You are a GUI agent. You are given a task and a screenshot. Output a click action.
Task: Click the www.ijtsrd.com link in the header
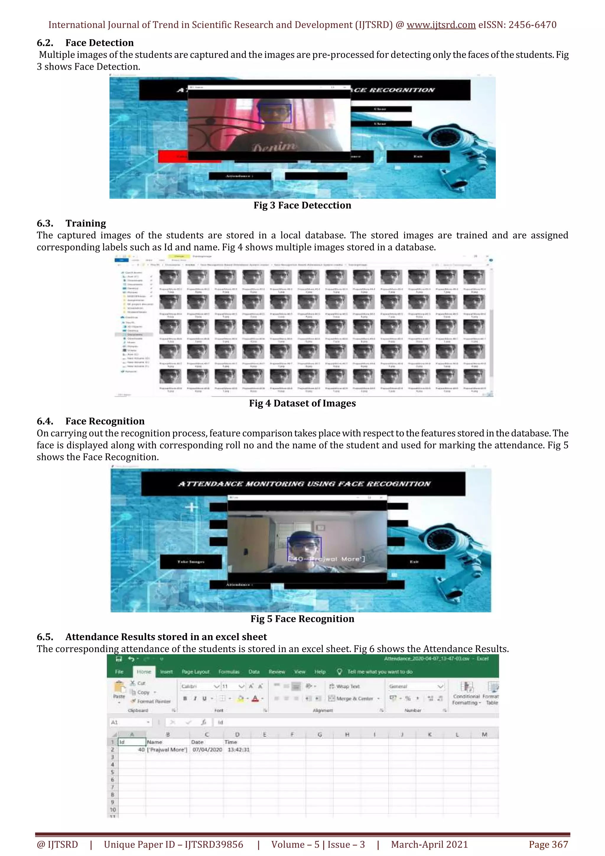click(441, 25)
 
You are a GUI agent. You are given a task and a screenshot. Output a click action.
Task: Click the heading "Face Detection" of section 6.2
click(99, 43)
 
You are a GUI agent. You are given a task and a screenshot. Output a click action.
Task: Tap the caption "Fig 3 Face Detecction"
click(302, 205)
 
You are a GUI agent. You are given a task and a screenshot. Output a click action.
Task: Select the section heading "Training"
click(86, 223)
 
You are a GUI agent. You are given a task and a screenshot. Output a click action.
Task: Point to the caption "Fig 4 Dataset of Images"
click(302, 403)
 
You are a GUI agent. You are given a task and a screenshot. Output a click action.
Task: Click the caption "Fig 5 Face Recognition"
click(302, 619)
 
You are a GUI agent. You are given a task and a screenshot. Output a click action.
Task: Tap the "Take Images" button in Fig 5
click(191, 562)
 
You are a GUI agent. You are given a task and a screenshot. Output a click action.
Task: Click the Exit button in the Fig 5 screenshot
click(414, 562)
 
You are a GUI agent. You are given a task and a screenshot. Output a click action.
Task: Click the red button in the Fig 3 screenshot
click(173, 157)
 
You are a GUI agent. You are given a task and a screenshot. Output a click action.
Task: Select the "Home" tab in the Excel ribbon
click(144, 672)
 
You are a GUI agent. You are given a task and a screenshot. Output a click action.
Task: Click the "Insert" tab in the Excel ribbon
click(167, 672)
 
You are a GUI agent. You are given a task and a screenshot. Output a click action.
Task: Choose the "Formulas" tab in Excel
click(229, 672)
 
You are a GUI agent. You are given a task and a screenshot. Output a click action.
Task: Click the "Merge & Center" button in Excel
click(354, 699)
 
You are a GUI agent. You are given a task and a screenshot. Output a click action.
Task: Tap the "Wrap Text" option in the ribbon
click(347, 686)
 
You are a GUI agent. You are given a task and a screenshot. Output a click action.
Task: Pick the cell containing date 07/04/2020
click(207, 750)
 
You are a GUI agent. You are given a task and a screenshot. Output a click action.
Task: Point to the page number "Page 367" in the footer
click(548, 844)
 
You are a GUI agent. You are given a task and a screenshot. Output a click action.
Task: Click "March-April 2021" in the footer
click(429, 844)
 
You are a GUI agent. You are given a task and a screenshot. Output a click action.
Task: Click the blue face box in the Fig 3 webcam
click(275, 113)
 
